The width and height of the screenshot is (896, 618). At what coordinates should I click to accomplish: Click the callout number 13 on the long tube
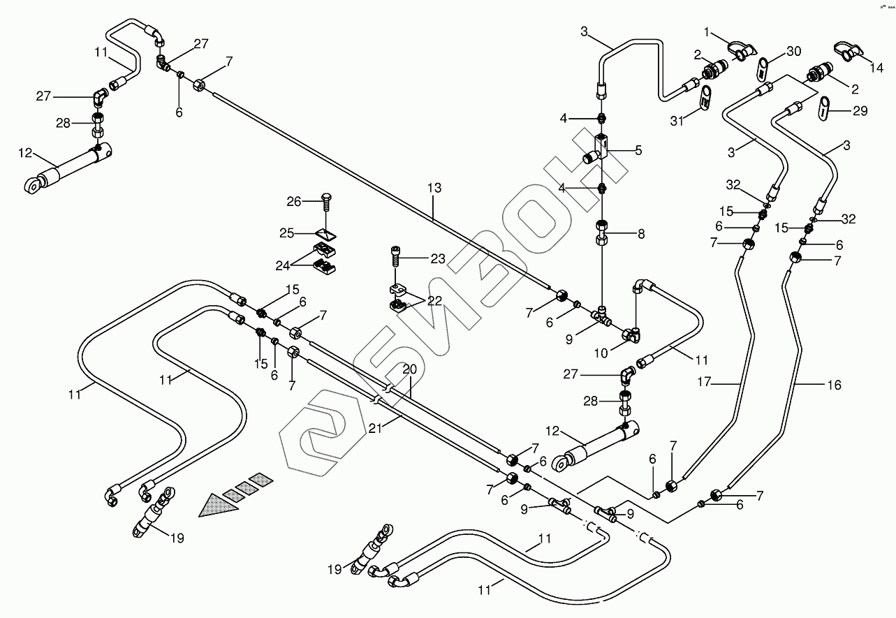pos(434,188)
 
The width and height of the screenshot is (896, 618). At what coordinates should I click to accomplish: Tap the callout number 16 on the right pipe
pos(834,385)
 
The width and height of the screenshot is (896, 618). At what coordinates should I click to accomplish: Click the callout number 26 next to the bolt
pos(293,202)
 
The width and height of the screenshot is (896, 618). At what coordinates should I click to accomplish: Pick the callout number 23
pos(437,258)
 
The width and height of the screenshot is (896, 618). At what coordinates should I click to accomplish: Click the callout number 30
pos(794,51)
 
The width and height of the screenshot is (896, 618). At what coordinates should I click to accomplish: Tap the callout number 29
pos(860,110)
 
